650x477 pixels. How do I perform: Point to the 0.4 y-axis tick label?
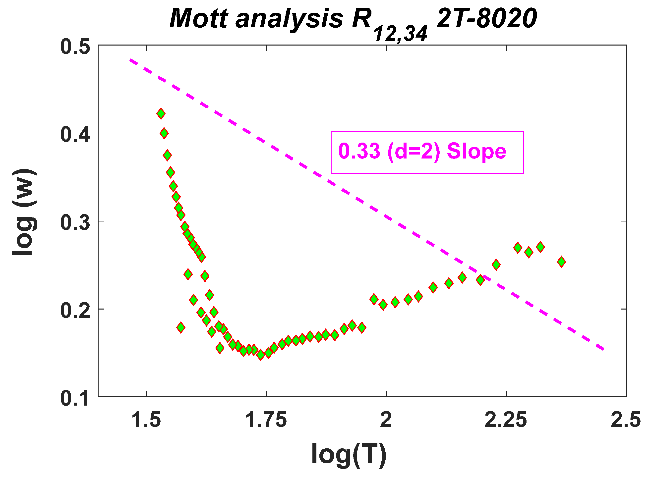point(75,135)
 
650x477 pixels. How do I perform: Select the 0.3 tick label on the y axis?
point(75,223)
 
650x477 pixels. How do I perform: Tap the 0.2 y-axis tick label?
point(75,311)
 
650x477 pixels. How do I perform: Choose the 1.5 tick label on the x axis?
point(146,420)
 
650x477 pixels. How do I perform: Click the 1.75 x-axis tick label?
point(266,420)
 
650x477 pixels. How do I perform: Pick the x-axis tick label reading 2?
point(386,420)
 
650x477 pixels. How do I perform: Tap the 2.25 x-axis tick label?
point(506,420)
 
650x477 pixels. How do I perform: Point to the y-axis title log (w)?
point(25,212)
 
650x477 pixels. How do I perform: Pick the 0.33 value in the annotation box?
point(359,151)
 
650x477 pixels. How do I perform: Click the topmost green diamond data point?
point(161,114)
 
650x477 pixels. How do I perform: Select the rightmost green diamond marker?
point(561,262)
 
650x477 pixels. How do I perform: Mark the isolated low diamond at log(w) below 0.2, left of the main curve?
point(180,327)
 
